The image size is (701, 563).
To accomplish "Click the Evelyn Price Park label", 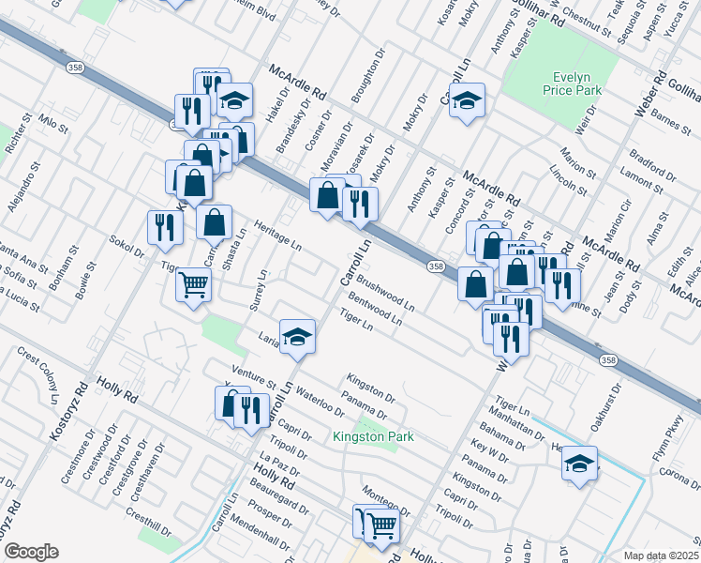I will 570,83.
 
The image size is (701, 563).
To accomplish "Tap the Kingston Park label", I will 373,436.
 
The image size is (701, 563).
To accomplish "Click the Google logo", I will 30,552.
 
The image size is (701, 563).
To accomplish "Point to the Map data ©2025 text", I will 661,555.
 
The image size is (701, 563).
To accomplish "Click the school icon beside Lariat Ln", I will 297,337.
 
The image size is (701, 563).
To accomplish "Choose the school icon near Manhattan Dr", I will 579,464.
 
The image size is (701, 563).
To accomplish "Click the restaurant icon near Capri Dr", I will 250,411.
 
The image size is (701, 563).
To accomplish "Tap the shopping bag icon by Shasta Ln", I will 215,223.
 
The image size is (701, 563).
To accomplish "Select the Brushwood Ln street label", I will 384,293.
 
